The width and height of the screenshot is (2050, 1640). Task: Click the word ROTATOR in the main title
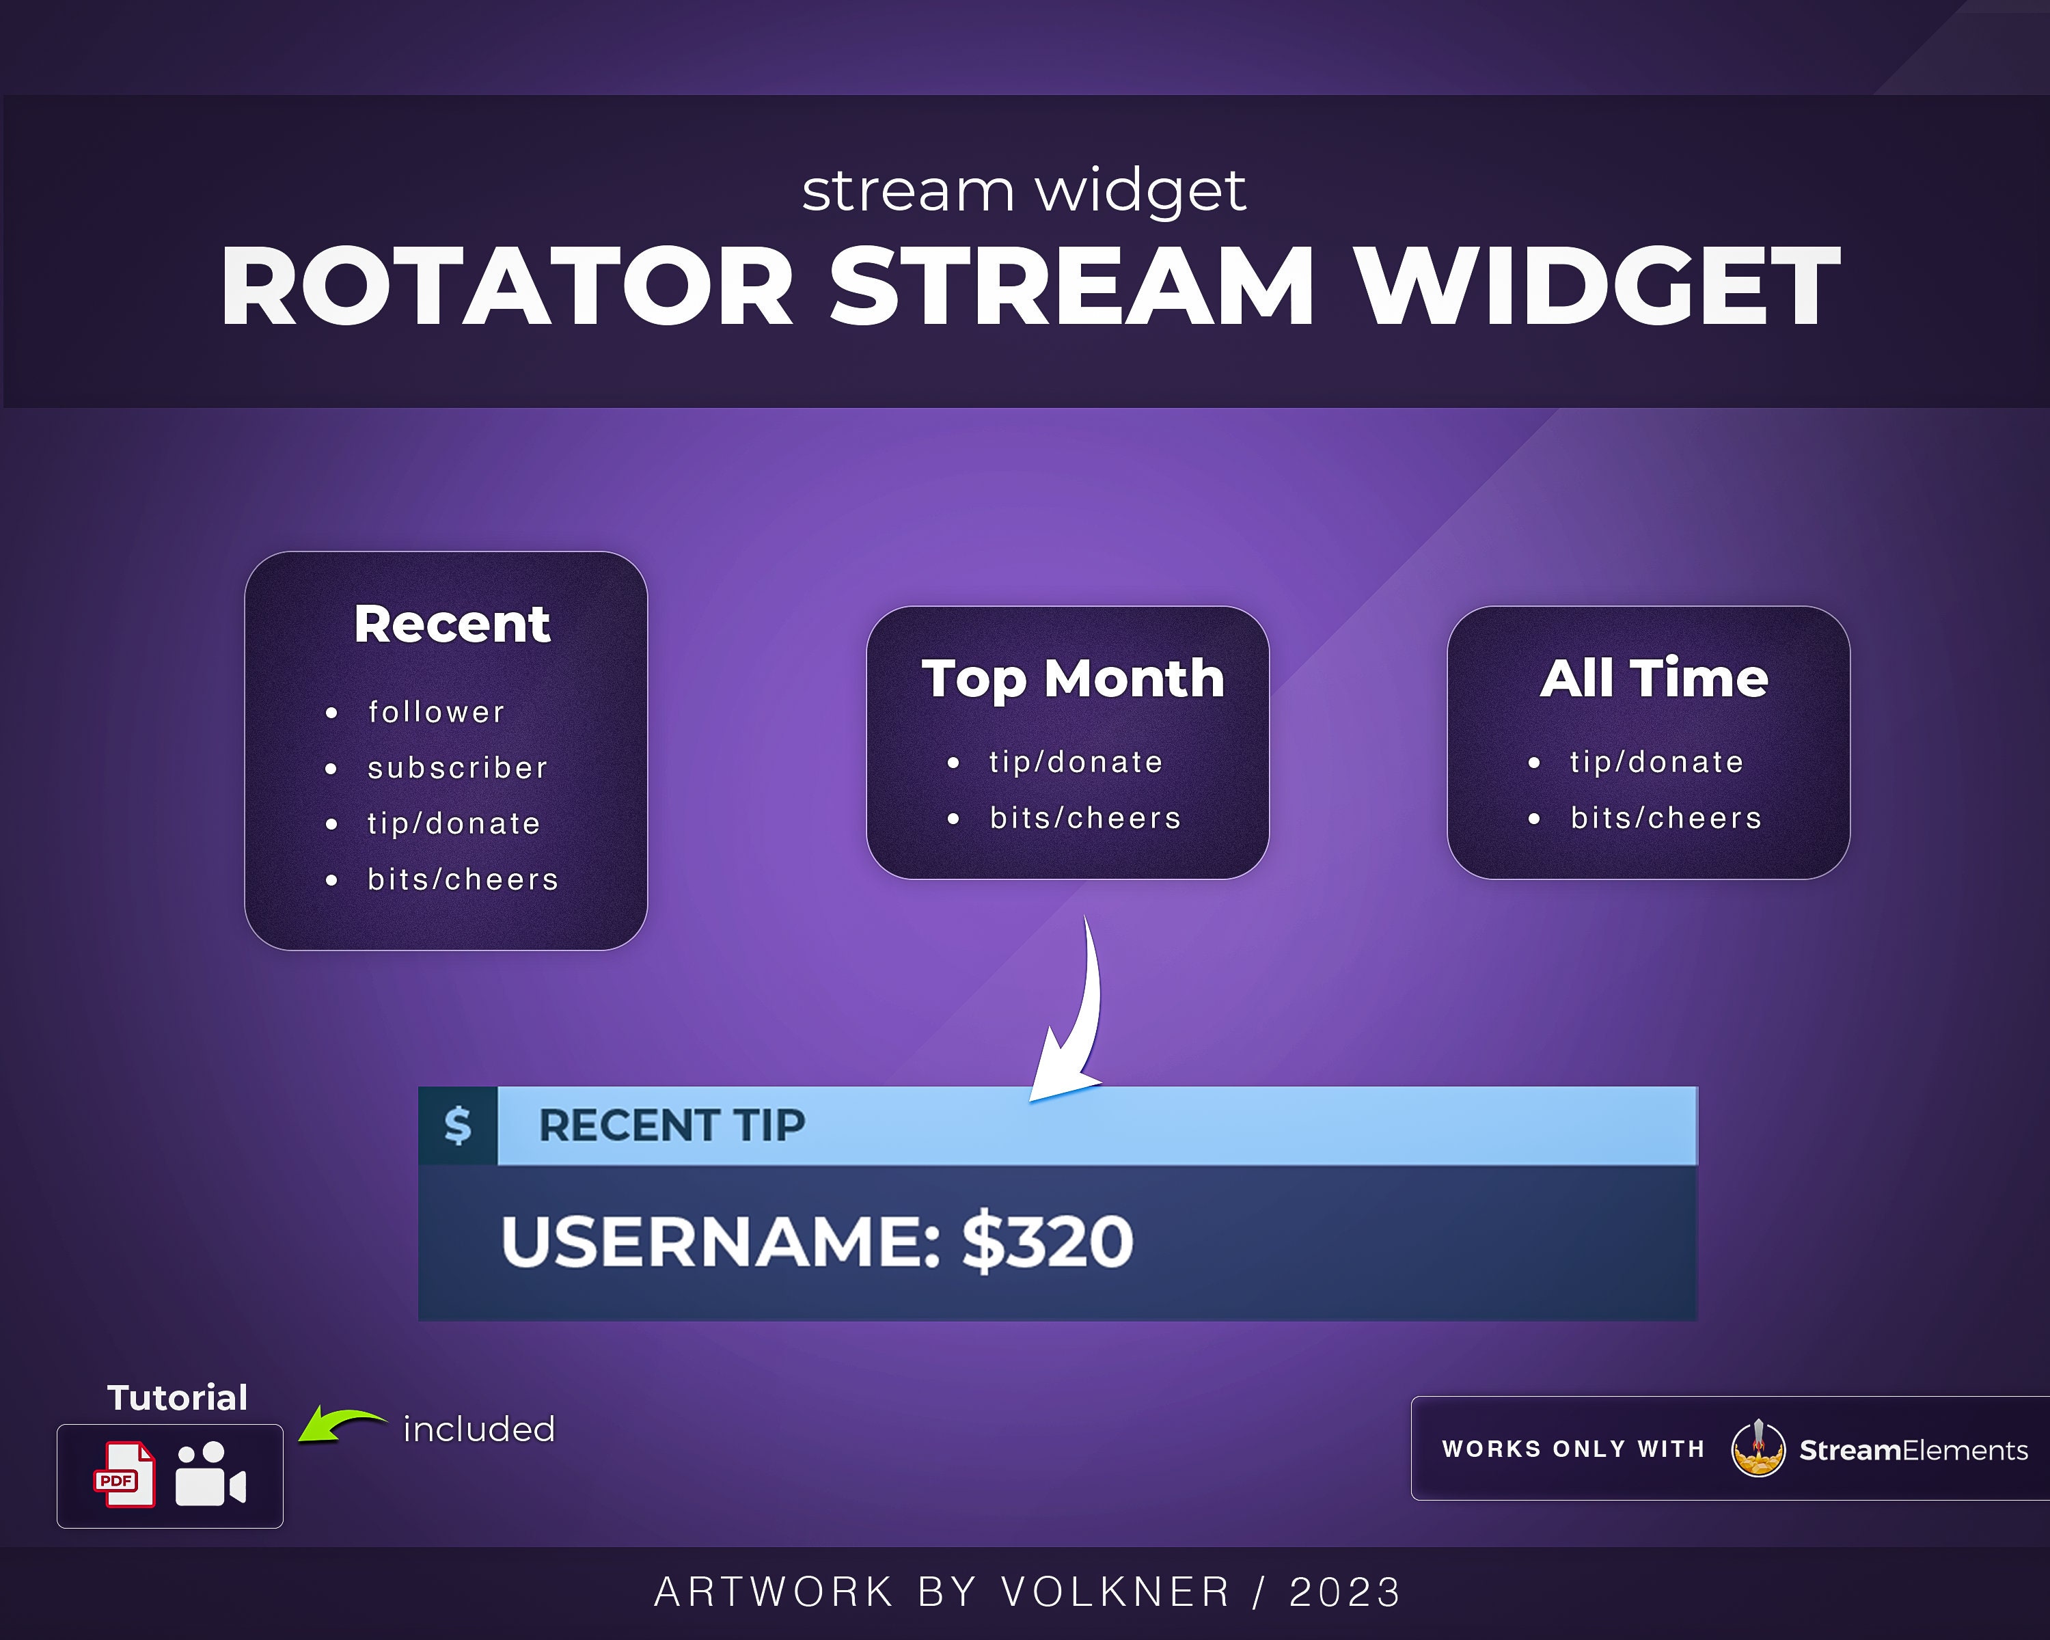click(507, 286)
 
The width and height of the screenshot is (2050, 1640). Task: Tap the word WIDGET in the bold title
click(1598, 286)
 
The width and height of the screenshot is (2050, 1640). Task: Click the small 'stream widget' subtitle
click(1023, 190)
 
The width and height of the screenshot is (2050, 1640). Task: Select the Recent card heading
click(452, 625)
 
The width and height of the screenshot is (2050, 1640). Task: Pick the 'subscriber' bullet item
click(457, 768)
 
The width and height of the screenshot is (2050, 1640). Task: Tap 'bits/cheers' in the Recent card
click(463, 879)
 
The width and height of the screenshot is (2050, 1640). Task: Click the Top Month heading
click(1073, 679)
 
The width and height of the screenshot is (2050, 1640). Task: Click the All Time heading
click(1654, 679)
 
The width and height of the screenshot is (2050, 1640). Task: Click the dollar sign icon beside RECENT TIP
click(457, 1125)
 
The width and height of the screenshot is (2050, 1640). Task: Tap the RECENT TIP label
click(671, 1125)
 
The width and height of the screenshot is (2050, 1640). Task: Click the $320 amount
click(1047, 1242)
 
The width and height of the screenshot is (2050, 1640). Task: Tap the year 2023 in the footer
click(1345, 1592)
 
